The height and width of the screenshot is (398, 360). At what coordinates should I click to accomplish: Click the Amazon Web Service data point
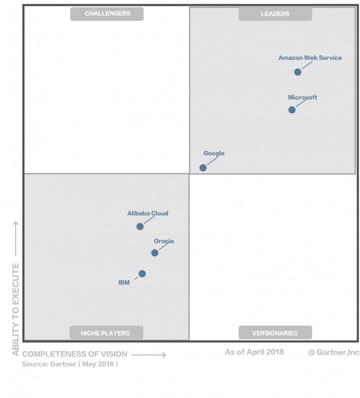click(297, 72)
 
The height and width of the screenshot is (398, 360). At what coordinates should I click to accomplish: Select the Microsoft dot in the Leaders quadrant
click(292, 110)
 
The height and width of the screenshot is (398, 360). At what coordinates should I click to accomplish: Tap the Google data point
click(203, 168)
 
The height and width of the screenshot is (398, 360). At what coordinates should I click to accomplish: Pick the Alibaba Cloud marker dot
click(140, 227)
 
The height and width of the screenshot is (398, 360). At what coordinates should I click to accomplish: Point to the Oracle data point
click(155, 253)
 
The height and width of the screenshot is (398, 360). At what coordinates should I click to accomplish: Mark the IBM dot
click(142, 274)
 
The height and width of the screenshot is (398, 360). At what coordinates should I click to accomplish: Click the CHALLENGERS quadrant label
click(107, 14)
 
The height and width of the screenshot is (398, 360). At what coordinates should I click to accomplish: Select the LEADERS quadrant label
click(275, 14)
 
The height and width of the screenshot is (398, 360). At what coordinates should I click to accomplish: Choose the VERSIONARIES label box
click(275, 333)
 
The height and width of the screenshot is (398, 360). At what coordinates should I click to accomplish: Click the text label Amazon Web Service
click(310, 58)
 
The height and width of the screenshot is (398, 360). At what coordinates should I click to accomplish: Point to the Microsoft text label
click(303, 98)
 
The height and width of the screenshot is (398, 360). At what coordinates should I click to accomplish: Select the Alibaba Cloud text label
click(148, 213)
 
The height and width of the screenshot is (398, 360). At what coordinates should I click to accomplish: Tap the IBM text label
click(124, 283)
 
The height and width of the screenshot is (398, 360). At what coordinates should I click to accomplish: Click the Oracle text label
click(164, 241)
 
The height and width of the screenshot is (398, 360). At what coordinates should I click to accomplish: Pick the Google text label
click(214, 153)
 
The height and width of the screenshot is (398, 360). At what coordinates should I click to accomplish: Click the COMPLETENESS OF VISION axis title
click(75, 354)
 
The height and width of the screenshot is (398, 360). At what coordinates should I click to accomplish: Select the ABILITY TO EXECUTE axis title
click(16, 309)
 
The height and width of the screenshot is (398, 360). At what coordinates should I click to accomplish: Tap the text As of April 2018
click(254, 352)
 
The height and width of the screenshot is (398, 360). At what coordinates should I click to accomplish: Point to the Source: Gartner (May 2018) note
click(70, 365)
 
